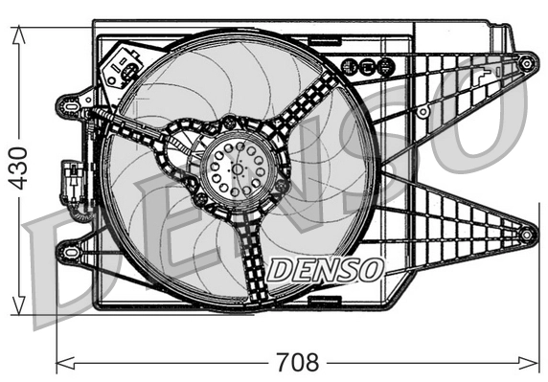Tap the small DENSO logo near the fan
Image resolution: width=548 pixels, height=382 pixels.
click(326, 269)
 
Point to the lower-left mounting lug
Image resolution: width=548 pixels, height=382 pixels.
click(68, 251)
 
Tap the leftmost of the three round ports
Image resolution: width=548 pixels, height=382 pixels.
click(349, 66)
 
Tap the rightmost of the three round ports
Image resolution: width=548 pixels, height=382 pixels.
click(384, 66)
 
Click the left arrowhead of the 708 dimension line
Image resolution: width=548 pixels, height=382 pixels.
click(63, 363)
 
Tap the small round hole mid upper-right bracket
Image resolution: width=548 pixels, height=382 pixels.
click(422, 112)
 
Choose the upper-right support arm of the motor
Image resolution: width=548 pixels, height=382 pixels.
click(316, 101)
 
